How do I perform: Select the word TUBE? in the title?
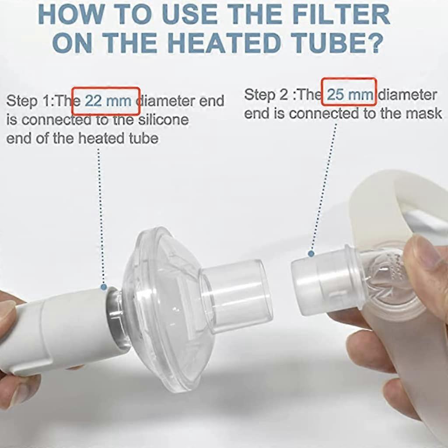tap(336, 43)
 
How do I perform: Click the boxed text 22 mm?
tap(107, 101)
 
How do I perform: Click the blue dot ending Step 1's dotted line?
tap(104, 287)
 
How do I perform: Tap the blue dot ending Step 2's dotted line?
tap(311, 253)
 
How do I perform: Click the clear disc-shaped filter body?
tap(160, 306)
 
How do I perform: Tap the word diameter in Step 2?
tap(407, 94)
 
